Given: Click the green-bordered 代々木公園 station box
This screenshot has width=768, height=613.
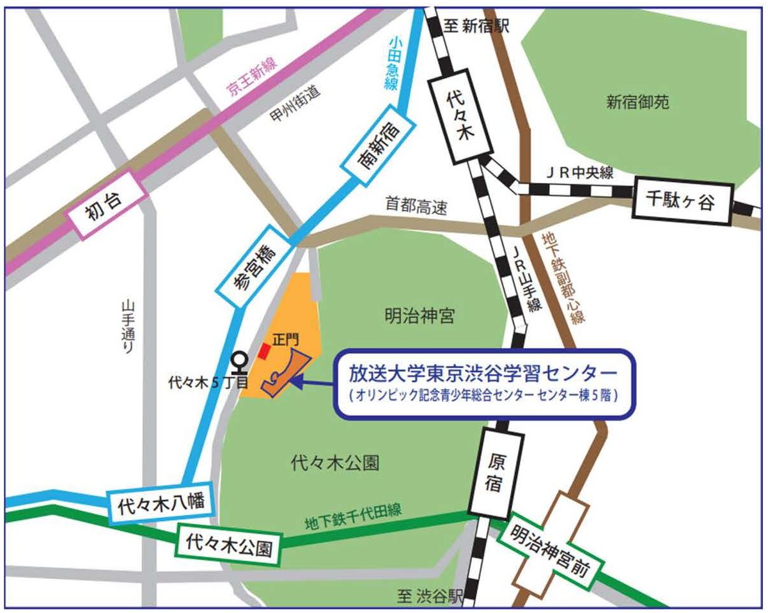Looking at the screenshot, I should pyautogui.click(x=228, y=545).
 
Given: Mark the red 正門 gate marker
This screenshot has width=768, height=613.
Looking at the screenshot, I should pyautogui.click(x=263, y=351).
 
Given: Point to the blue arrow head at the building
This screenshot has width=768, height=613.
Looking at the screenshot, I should pyautogui.click(x=295, y=382).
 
